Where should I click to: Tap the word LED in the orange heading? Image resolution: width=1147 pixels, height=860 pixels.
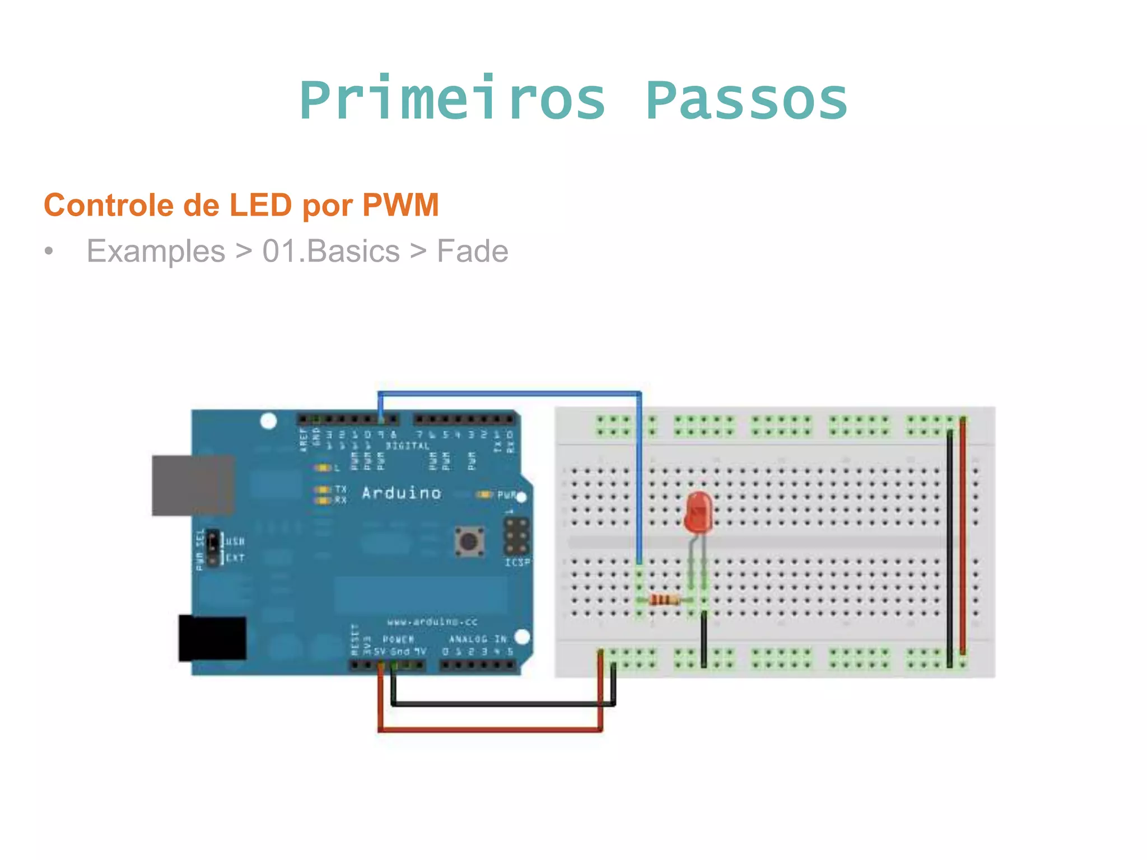point(260,205)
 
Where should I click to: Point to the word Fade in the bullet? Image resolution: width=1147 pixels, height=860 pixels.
point(472,251)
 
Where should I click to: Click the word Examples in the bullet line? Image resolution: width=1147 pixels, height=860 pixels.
point(156,251)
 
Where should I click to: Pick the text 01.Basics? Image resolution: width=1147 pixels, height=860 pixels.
point(330,251)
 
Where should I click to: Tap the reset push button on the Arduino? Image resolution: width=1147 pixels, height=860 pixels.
point(469,541)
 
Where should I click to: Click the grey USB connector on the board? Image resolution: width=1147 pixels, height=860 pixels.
point(193,485)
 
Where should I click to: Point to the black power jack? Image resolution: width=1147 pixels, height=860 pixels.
point(212,638)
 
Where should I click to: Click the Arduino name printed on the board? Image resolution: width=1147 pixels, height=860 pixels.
point(401,493)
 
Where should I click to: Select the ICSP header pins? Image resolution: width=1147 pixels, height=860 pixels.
point(517,536)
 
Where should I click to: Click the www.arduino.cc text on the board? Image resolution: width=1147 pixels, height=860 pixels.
point(432,621)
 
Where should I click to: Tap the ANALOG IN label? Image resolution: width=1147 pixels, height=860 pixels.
point(477,639)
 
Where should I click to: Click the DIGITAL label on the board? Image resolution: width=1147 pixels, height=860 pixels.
point(407,446)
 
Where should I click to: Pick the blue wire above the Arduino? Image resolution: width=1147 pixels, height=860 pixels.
point(510,394)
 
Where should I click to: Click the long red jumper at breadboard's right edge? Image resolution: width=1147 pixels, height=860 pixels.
point(963,537)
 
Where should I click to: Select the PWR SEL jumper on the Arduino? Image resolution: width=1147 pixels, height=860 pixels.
point(213,549)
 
